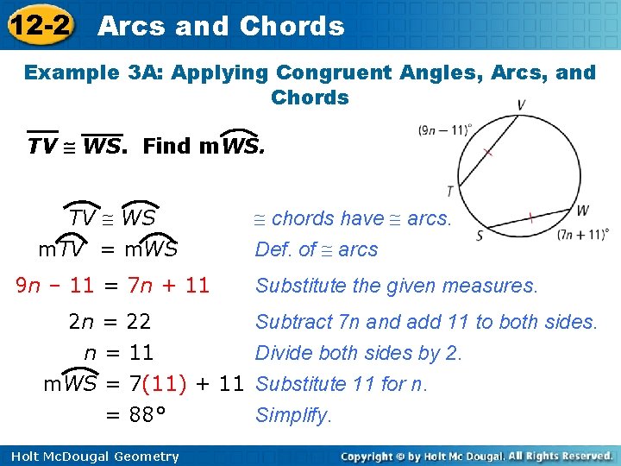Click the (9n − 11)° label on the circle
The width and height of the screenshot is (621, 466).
point(444,130)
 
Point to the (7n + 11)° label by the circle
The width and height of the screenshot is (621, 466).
point(583,234)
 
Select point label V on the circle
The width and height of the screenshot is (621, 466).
point(521,105)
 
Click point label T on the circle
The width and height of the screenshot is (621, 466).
point(450,191)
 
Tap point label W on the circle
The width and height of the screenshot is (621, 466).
point(582,209)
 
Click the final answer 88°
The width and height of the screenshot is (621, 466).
point(146,415)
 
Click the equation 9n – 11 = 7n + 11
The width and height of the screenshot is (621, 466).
point(113,285)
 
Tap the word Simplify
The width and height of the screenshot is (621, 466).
point(293,415)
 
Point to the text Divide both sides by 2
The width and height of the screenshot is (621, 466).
point(359,353)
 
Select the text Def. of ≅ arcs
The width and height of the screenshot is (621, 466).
point(317,249)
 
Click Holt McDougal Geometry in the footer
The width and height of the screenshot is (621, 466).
point(91,457)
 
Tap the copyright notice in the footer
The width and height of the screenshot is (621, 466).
point(476,456)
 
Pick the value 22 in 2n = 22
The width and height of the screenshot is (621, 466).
point(139,322)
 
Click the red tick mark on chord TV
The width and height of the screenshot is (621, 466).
point(488,153)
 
